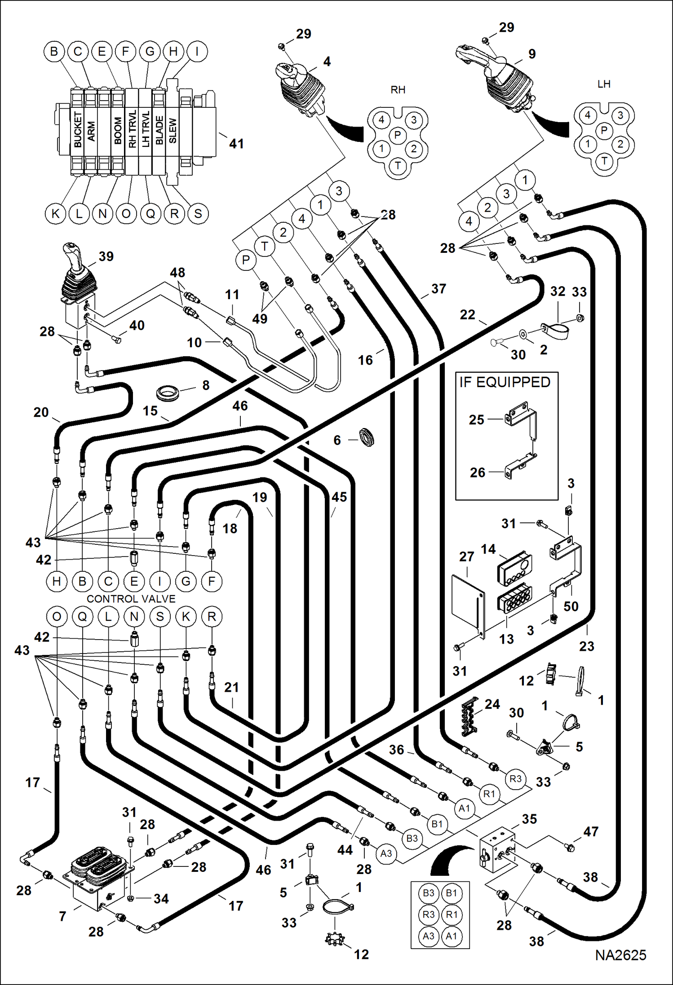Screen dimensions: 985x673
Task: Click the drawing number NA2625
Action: [x=620, y=955]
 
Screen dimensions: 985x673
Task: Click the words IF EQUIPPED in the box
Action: [x=505, y=382]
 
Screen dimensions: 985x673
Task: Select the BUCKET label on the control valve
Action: [x=78, y=130]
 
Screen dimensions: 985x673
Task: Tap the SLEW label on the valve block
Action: [x=173, y=131]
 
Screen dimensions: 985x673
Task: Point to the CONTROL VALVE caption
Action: [x=131, y=599]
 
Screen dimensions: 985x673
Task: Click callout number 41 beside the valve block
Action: [x=236, y=144]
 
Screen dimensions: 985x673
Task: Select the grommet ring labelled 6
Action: [x=367, y=437]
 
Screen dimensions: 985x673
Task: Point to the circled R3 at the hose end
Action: [x=515, y=778]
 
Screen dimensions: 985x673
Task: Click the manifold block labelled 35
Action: [x=496, y=851]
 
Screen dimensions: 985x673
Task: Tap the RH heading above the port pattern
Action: [x=398, y=90]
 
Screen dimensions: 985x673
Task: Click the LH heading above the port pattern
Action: [x=604, y=84]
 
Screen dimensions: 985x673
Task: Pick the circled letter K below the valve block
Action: [x=56, y=213]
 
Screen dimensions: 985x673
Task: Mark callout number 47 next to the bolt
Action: [x=590, y=832]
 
